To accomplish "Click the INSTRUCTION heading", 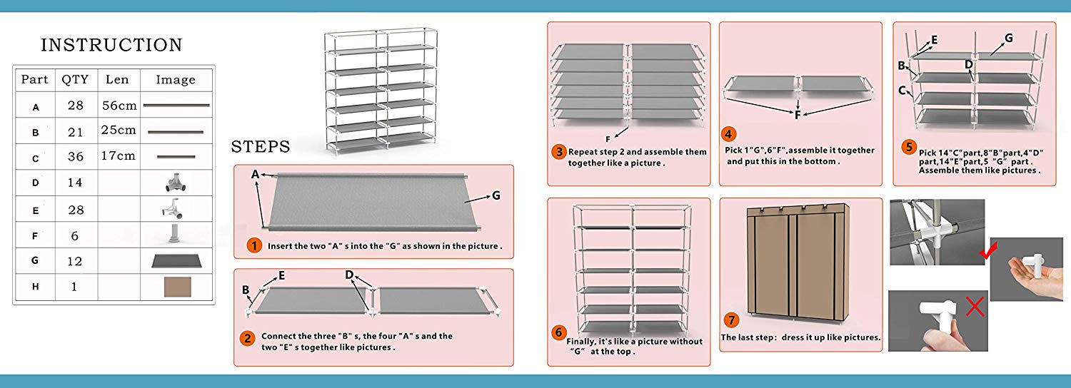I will [111, 45].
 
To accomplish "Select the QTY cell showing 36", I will [75, 157].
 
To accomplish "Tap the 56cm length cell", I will [119, 106].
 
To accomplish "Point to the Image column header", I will [176, 80].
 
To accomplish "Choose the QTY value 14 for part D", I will [75, 183].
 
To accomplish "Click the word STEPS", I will [260, 147].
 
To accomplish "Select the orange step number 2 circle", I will [246, 339].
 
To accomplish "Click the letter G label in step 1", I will [496, 195].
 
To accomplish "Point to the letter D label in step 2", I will [349, 275].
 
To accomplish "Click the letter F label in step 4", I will [798, 114].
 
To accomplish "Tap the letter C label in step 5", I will [902, 91].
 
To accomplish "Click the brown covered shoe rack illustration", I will [798, 260].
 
